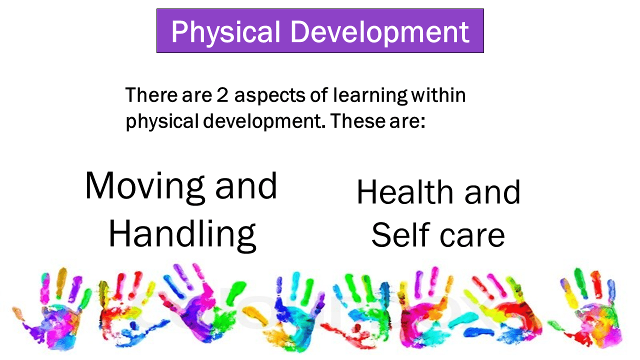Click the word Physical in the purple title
point(225,32)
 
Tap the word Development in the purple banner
point(380,32)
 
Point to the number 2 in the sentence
point(222,95)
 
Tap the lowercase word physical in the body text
point(162,122)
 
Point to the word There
point(151,95)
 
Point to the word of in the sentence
point(318,94)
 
